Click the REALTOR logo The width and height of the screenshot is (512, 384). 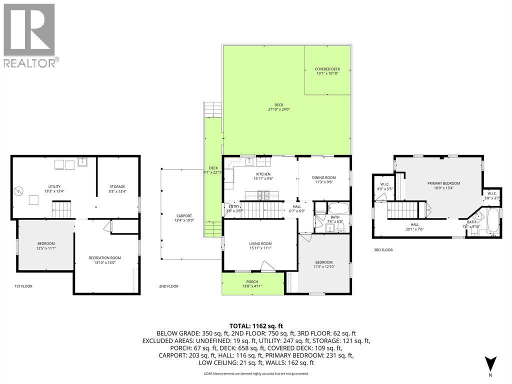click(30, 35)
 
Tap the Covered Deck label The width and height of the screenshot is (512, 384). click(327, 71)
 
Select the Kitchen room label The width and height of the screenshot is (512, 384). click(263, 176)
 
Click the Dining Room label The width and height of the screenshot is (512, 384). click(324, 179)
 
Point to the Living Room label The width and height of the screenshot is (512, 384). click(260, 246)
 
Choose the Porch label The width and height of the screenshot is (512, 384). click(252, 283)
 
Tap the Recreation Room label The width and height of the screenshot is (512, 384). click(105, 260)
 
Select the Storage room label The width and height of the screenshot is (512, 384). click(117, 188)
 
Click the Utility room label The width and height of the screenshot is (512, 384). click(54, 188)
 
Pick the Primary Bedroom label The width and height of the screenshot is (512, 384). click(443, 185)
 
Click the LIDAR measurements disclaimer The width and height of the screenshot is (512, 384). click(255, 373)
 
